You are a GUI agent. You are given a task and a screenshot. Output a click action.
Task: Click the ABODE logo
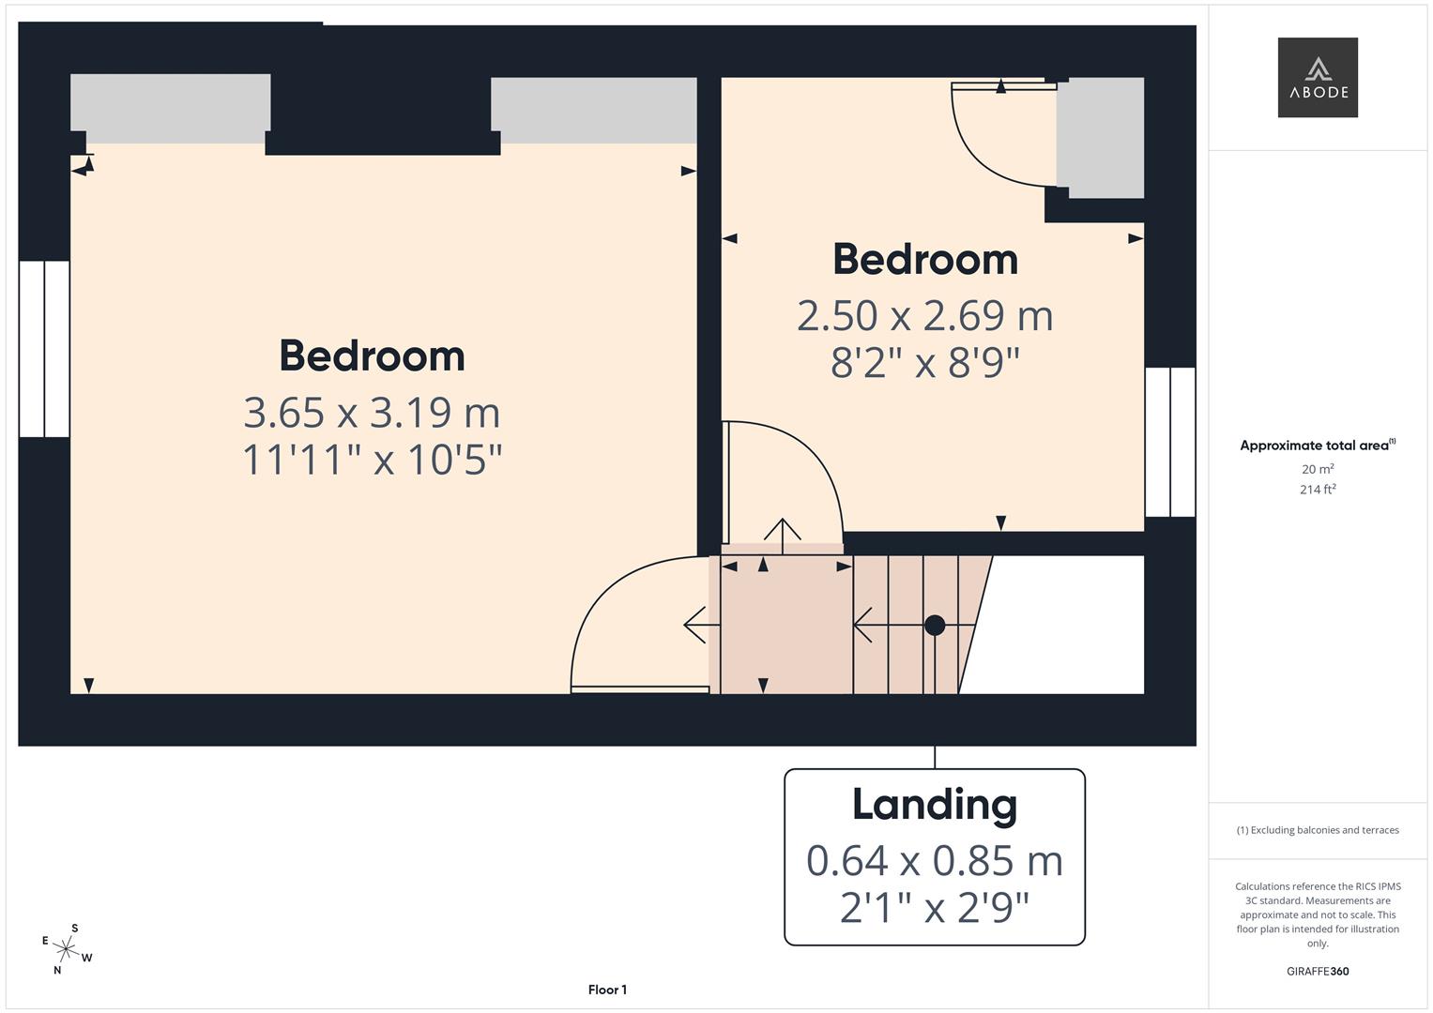point(1318,78)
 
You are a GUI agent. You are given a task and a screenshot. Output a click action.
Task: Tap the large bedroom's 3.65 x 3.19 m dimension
point(372,412)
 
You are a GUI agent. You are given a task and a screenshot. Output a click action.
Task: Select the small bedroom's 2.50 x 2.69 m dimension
point(924,315)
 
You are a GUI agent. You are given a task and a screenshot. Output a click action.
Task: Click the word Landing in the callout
point(934,805)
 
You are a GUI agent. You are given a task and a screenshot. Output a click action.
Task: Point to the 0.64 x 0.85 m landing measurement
point(934,861)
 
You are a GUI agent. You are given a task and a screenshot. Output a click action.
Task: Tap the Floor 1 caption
point(607,990)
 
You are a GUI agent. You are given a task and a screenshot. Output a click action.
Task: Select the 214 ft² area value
point(1318,490)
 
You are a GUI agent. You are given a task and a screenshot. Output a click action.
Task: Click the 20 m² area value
point(1318,469)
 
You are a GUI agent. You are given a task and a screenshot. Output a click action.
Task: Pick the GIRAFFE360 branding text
point(1318,972)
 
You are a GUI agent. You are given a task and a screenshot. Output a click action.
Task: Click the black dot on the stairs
point(935,625)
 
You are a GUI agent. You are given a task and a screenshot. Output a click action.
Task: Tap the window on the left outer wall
point(44,349)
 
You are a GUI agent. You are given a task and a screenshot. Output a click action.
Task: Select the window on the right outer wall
point(1170,442)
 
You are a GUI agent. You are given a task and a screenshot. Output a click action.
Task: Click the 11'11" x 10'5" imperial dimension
point(372,461)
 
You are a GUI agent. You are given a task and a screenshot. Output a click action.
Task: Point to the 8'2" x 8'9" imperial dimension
point(924,363)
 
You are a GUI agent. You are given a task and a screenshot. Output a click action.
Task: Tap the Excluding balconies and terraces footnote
point(1318,830)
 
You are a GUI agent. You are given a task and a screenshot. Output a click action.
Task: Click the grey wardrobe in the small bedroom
point(1100,138)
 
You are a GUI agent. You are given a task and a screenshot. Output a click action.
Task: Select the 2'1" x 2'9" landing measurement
point(934,908)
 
